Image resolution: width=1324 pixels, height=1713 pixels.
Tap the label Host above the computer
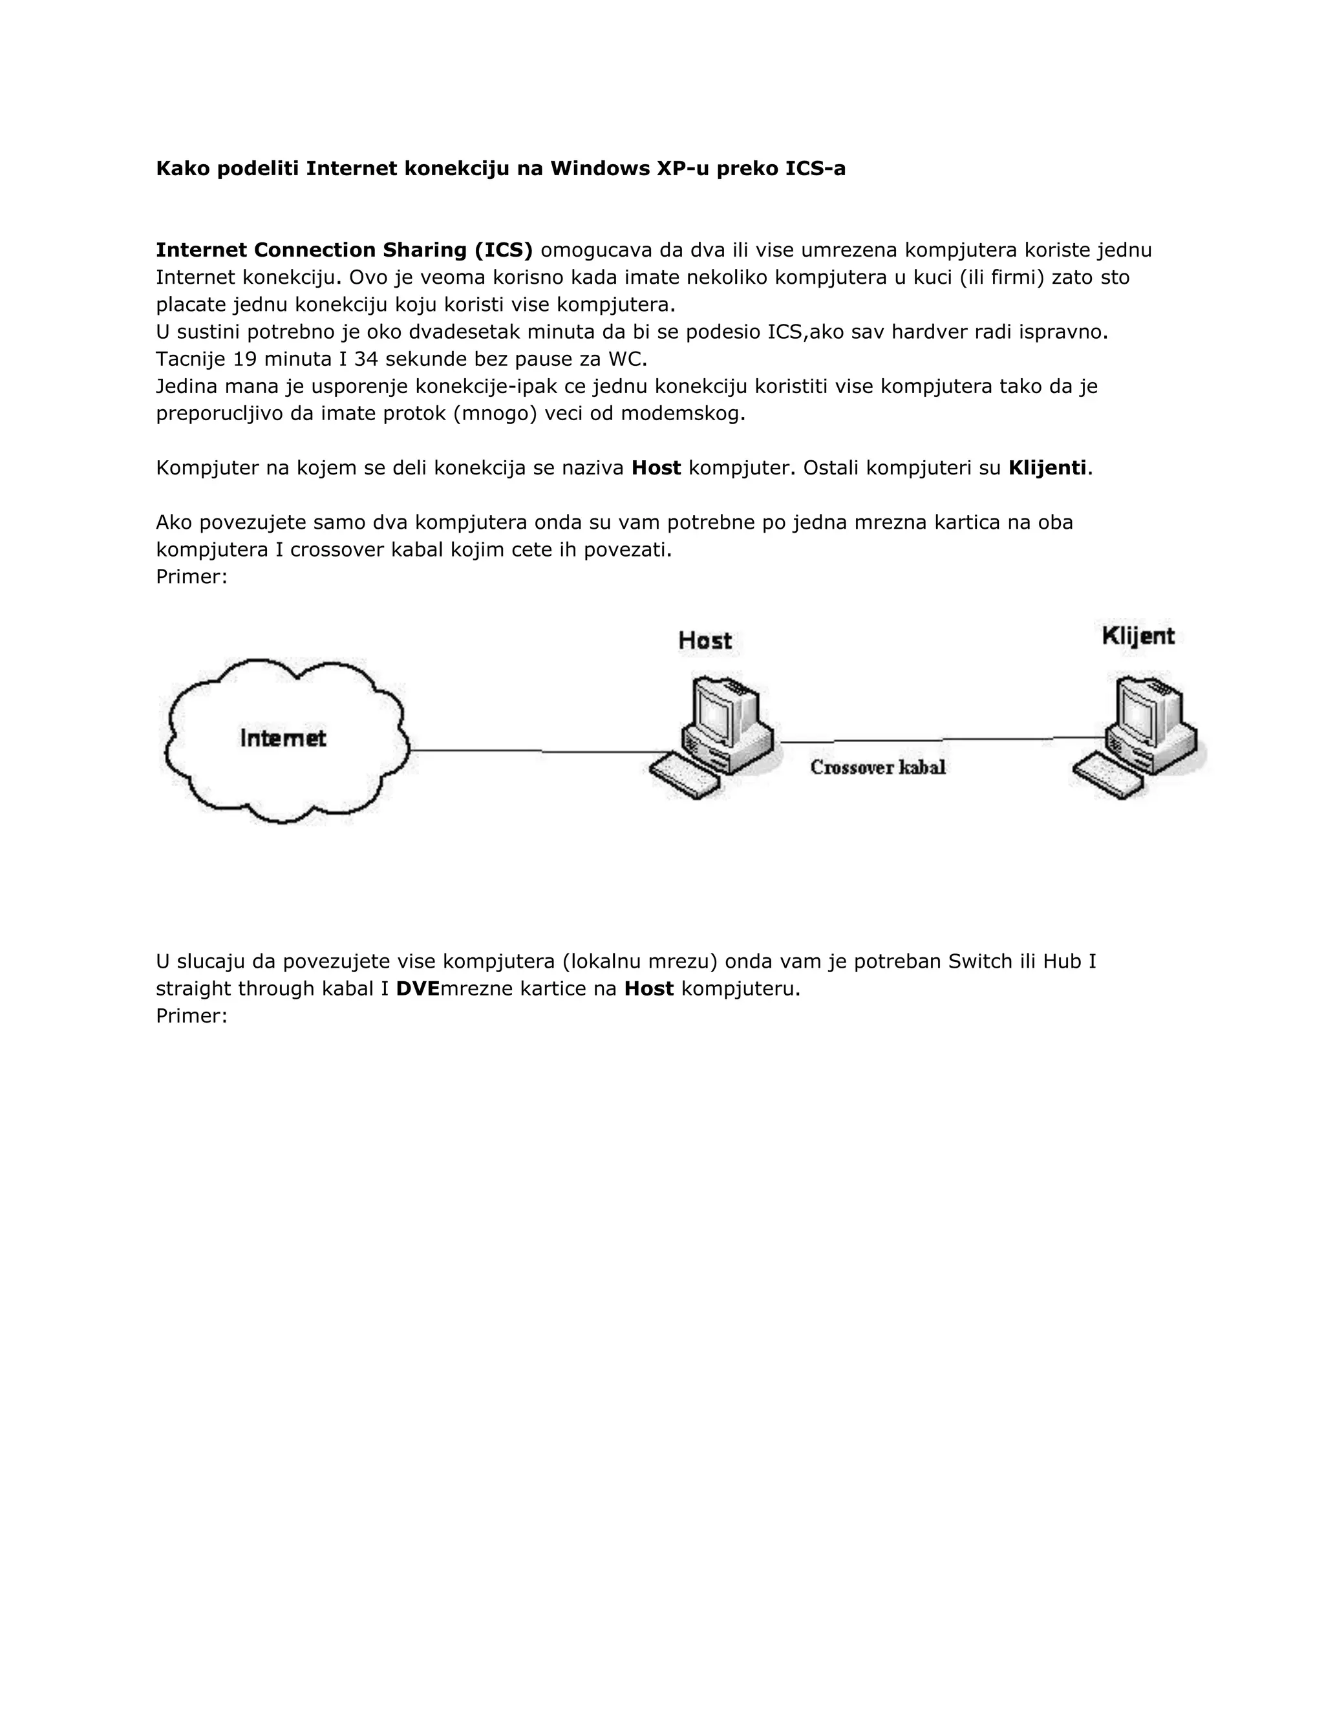[x=705, y=641]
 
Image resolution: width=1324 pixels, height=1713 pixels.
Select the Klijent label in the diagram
[x=1137, y=635]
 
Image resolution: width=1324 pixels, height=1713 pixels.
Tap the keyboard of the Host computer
[x=685, y=776]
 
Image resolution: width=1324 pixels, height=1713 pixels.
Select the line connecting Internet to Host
[x=533, y=751]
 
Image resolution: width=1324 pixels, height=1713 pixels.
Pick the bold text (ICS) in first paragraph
[x=503, y=250]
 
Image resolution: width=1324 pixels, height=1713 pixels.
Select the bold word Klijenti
[x=1047, y=468]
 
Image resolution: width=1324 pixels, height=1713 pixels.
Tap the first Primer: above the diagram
[x=191, y=577]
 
